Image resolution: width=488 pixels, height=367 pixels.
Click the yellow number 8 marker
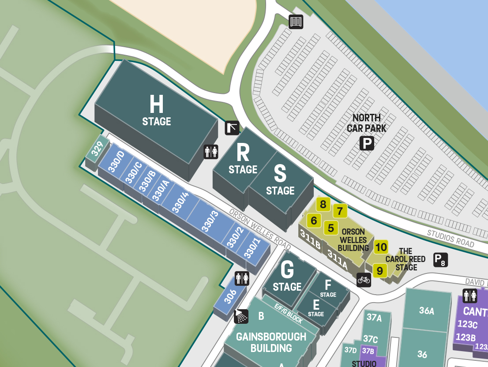(x=323, y=204)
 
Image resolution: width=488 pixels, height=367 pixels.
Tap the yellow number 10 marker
(x=381, y=247)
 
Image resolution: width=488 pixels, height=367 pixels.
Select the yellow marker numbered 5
(x=330, y=228)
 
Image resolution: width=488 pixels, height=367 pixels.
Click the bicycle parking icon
(x=364, y=279)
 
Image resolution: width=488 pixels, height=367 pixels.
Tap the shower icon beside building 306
(x=241, y=316)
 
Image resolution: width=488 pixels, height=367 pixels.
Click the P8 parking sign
(x=440, y=260)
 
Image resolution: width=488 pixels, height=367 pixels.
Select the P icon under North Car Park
(x=367, y=143)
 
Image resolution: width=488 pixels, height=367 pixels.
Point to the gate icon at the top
(x=296, y=22)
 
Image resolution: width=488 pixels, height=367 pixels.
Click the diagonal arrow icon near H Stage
(x=232, y=128)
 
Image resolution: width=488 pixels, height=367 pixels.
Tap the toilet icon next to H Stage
(x=210, y=151)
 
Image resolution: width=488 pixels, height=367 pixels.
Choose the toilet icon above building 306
(x=242, y=278)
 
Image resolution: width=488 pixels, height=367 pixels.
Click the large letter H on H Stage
(x=156, y=105)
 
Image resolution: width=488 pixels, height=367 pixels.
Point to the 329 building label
(x=97, y=150)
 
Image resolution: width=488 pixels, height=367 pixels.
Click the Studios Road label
(x=450, y=238)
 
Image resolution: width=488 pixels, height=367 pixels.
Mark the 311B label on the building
(x=310, y=239)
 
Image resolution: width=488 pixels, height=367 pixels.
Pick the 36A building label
(x=426, y=311)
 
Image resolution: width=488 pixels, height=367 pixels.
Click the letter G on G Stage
(x=287, y=269)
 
